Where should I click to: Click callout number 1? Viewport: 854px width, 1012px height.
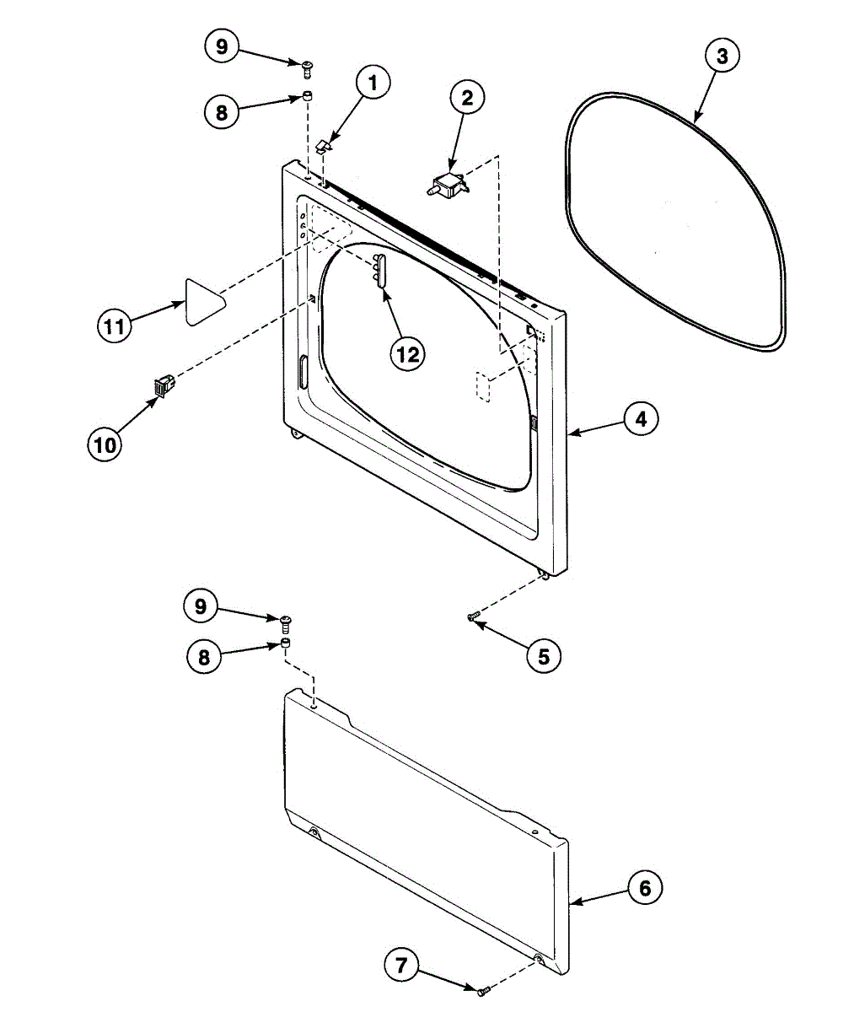click(x=373, y=83)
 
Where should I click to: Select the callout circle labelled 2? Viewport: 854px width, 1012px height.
click(x=466, y=97)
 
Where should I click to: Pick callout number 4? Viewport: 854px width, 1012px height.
click(x=641, y=418)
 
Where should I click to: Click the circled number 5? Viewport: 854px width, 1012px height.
click(x=543, y=655)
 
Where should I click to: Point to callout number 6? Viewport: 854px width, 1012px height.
click(x=645, y=887)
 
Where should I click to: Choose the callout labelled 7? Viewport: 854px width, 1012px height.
click(x=401, y=965)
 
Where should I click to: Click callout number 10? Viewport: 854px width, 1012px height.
click(x=105, y=444)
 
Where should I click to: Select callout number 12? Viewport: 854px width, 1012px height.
click(x=408, y=354)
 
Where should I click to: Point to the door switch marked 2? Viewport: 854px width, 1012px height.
click(x=448, y=185)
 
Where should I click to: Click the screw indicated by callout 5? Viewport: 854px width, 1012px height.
click(x=473, y=617)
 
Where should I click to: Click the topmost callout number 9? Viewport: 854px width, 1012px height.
click(x=222, y=46)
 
